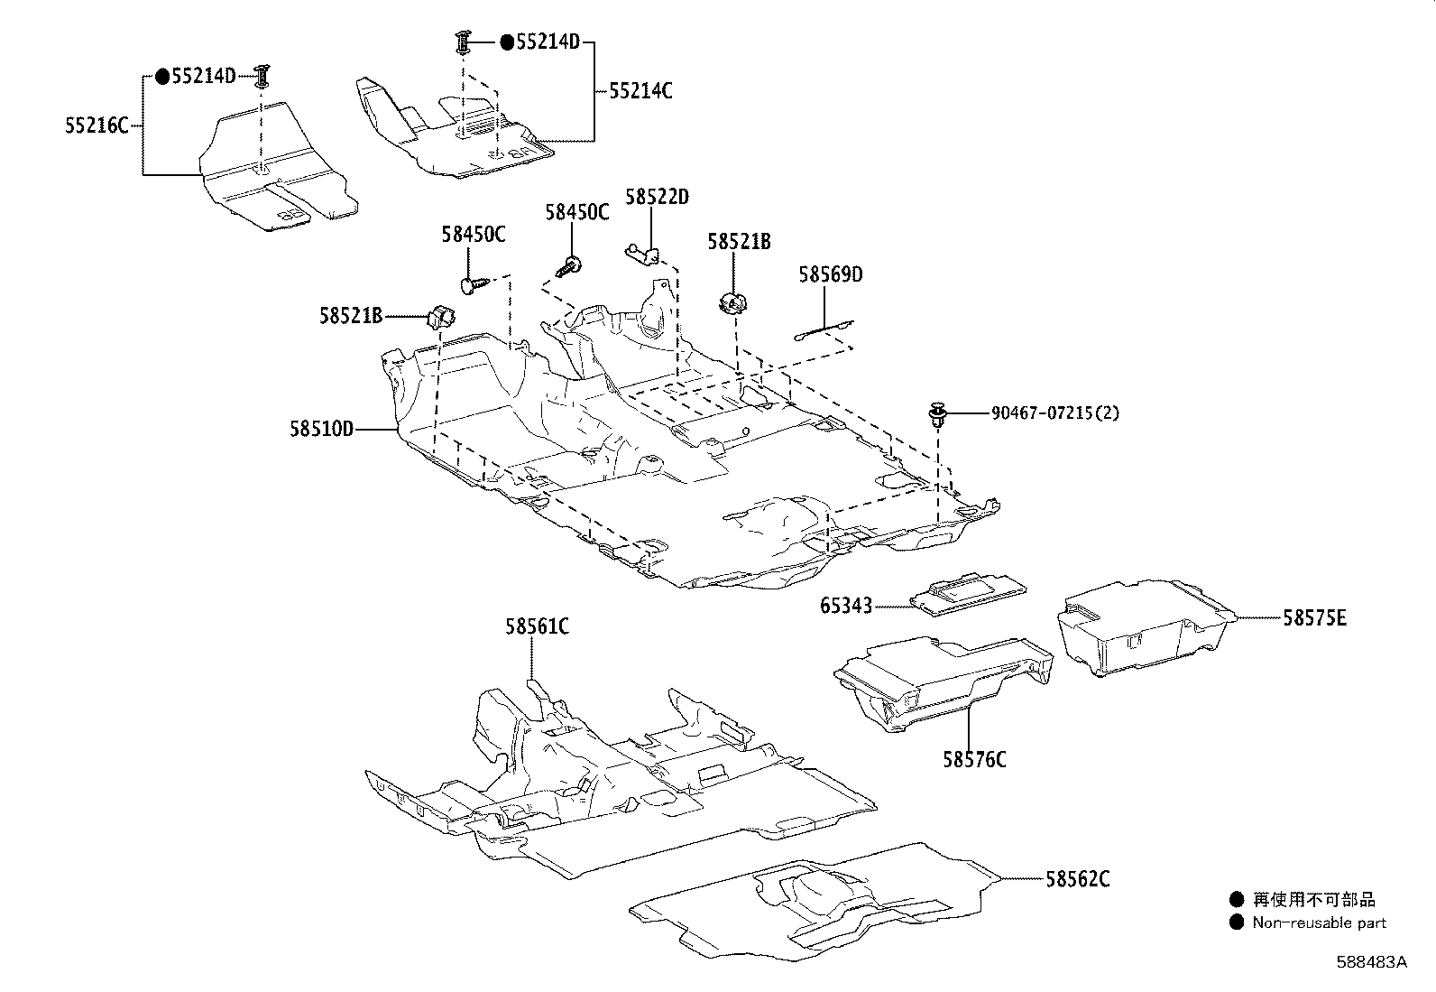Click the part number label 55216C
[97, 125]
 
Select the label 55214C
[640, 91]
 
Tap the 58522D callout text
[657, 197]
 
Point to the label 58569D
[831, 274]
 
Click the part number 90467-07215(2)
[1055, 413]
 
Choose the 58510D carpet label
[321, 429]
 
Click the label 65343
[846, 606]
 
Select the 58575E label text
[1314, 618]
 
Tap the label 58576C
[974, 760]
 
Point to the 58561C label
[538, 626]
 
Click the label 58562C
[1078, 879]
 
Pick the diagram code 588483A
[1371, 962]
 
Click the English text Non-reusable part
[1320, 922]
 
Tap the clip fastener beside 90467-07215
[938, 414]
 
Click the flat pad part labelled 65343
[968, 594]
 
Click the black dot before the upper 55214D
[507, 42]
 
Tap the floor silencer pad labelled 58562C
[815, 902]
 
